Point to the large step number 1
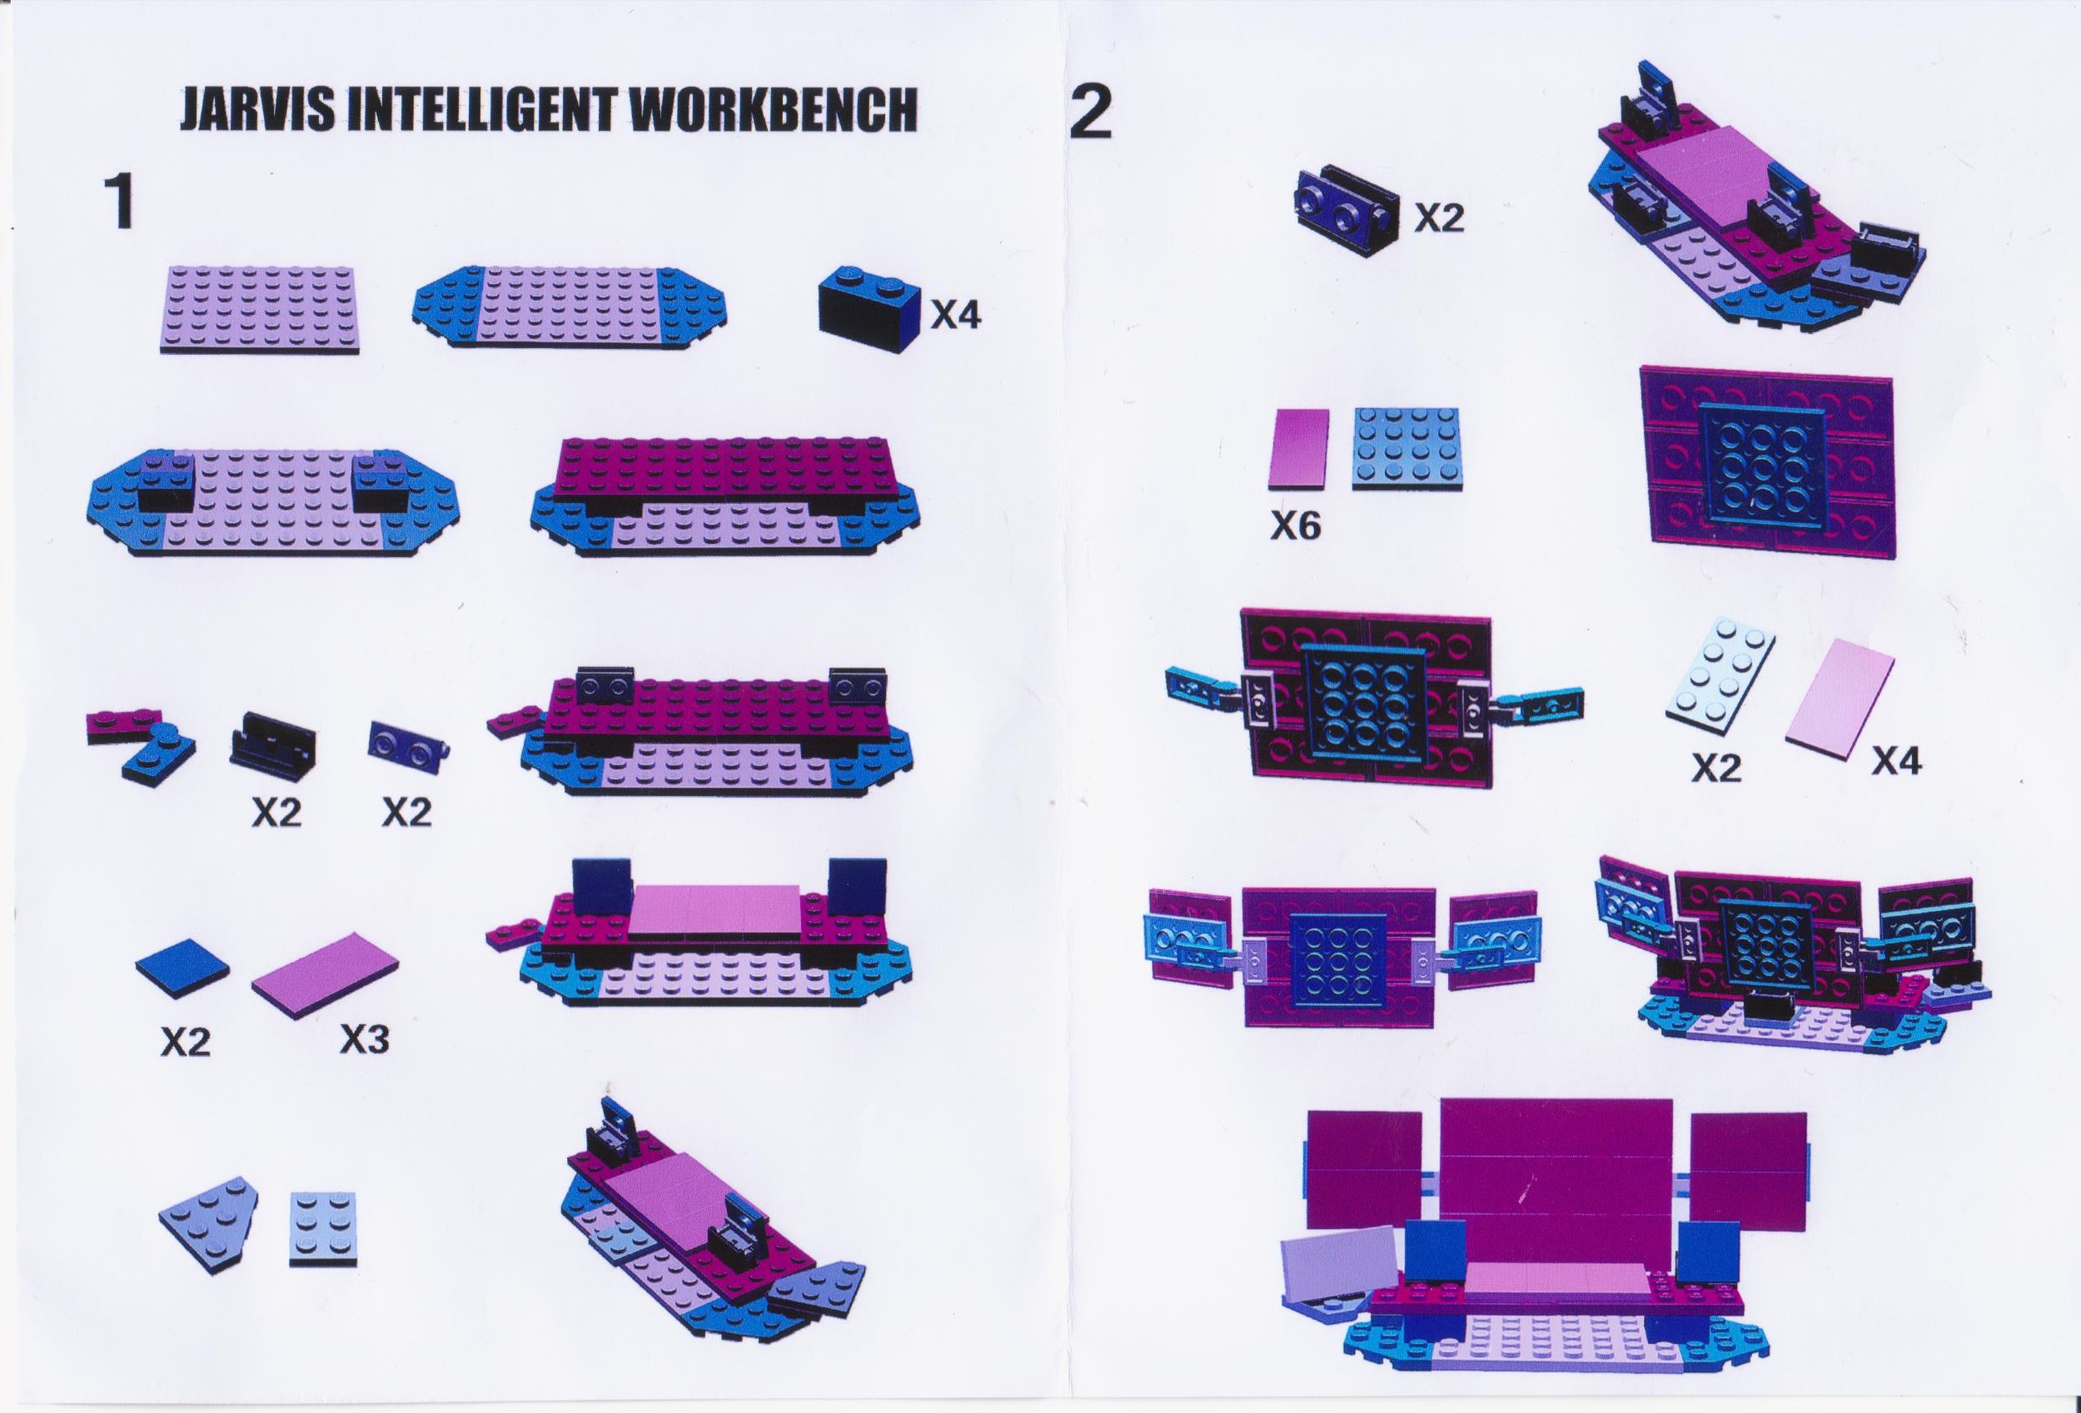point(121,203)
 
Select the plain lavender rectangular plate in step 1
point(258,310)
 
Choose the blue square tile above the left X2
point(182,971)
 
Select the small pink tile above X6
point(1297,449)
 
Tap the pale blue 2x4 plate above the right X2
point(1720,682)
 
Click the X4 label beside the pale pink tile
point(1896,762)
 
